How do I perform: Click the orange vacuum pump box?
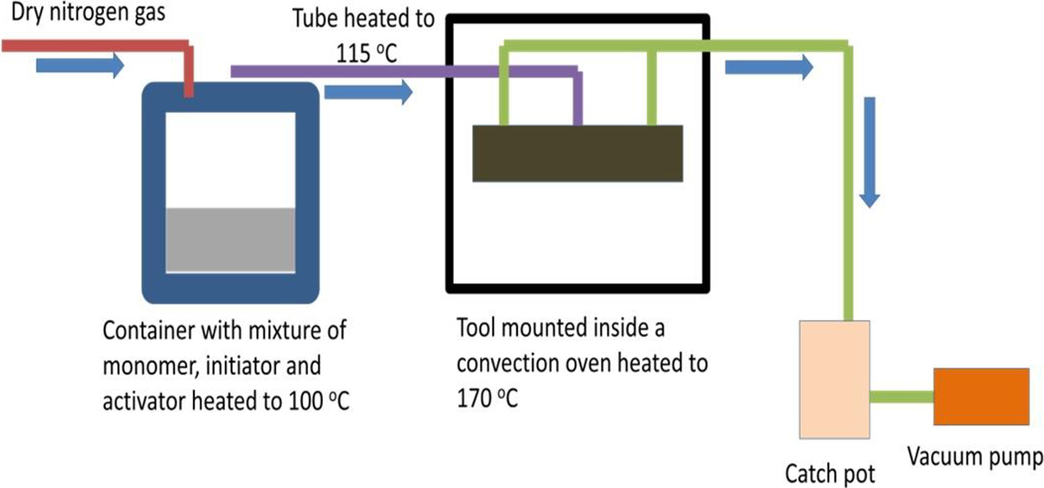click(981, 396)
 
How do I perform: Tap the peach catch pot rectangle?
click(834, 379)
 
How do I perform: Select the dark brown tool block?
click(577, 154)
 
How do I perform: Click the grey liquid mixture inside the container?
click(231, 240)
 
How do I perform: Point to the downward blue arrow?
click(869, 152)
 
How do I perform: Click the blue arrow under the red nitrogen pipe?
click(80, 65)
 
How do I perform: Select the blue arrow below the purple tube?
click(368, 92)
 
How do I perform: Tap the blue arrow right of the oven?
click(769, 67)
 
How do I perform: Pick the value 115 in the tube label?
click(353, 53)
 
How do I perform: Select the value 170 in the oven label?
click(474, 399)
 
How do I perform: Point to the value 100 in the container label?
click(306, 401)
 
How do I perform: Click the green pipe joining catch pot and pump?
click(901, 396)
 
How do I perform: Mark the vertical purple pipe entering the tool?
click(577, 98)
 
